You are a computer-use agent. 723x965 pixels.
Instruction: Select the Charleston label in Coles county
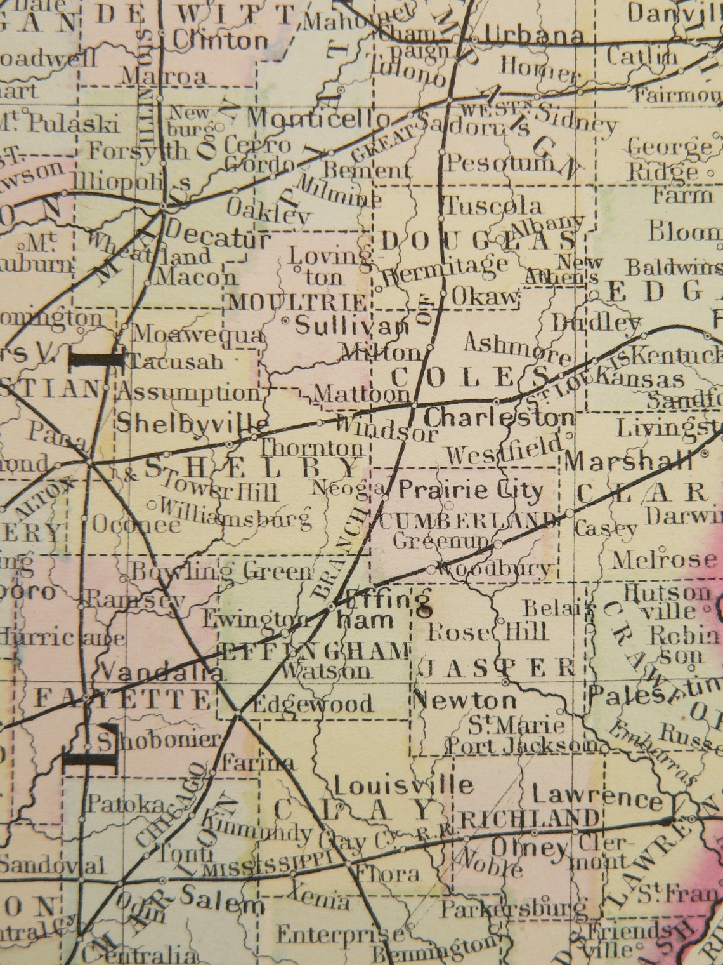click(499, 418)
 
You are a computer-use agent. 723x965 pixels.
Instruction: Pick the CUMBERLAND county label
click(466, 521)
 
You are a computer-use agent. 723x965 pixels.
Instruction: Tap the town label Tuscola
click(493, 206)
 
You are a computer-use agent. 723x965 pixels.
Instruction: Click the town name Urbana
click(537, 36)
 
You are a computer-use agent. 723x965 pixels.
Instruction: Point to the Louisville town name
click(403, 786)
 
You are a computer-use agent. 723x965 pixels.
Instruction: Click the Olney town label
click(530, 847)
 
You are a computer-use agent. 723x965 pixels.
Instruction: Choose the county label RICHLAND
click(529, 818)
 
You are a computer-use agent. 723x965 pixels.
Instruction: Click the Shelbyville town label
click(191, 421)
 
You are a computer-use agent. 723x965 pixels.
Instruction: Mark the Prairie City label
click(471, 490)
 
